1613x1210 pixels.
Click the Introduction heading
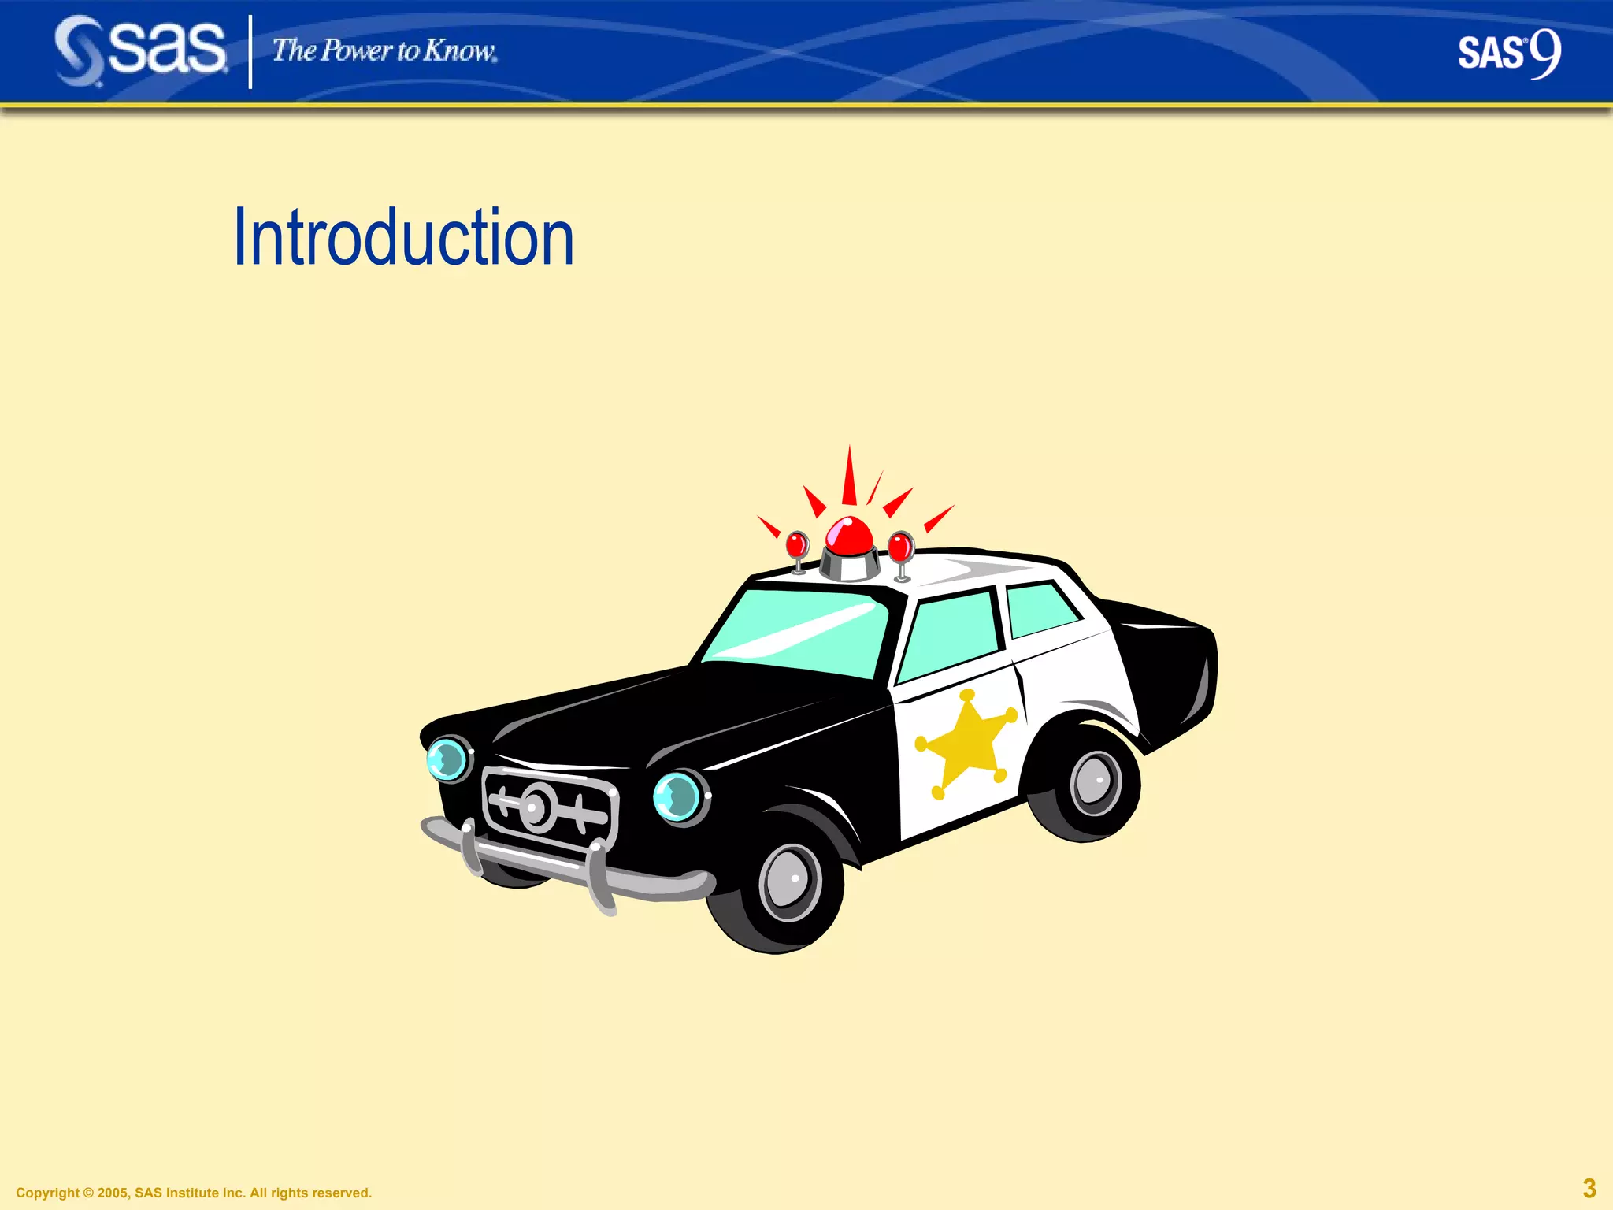403,237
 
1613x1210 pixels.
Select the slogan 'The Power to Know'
384,51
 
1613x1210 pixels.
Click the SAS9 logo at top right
1508,54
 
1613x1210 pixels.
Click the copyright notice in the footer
194,1193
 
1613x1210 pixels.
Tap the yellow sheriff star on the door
966,743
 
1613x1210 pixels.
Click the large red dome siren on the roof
849,537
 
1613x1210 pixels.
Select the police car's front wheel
789,882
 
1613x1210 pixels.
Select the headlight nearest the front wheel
678,796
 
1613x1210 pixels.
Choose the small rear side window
1041,608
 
